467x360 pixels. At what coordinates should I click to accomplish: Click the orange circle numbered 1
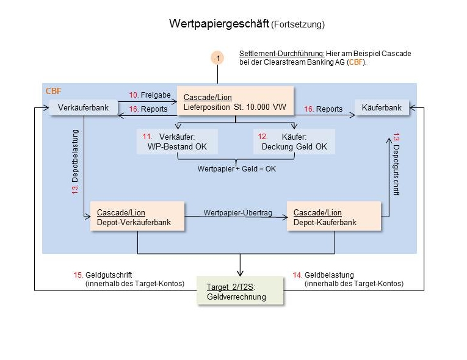point(217,58)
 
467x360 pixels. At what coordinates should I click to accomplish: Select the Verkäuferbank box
point(83,108)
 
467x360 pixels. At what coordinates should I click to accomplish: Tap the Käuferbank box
point(382,108)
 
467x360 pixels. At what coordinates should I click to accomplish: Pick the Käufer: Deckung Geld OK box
point(294,142)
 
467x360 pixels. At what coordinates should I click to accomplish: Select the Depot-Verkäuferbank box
point(137,217)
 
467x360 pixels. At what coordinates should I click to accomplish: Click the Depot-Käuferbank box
point(334,217)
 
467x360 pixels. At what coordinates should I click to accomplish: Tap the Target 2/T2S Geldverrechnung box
point(241,291)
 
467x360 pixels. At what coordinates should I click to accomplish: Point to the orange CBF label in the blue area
point(54,91)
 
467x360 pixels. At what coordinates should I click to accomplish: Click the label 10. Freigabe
point(149,95)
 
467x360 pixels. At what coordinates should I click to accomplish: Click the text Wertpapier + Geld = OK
point(237,168)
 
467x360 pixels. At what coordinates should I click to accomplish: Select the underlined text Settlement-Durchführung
point(273,54)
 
